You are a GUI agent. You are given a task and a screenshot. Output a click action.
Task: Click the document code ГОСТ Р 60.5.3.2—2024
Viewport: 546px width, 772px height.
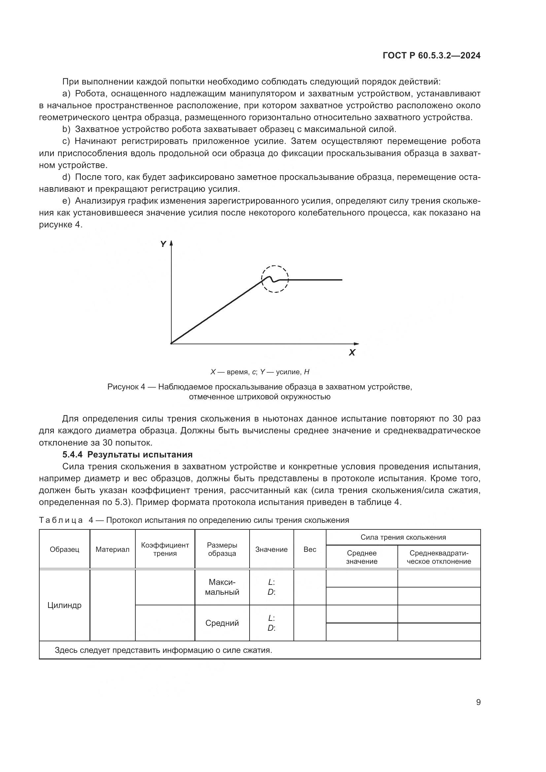[x=431, y=56]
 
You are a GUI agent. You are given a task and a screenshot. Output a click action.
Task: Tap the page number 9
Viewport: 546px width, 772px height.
[x=478, y=702]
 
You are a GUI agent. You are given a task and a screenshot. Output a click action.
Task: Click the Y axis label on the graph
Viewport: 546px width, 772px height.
[x=163, y=245]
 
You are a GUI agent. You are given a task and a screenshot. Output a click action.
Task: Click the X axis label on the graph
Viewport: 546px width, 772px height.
[x=352, y=353]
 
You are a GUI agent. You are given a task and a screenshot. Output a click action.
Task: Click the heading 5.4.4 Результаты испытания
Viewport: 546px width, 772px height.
[x=127, y=454]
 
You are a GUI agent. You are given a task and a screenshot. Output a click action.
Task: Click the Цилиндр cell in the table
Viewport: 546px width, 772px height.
[x=64, y=605]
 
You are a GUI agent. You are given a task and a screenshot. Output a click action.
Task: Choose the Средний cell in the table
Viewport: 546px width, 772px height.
[x=222, y=623]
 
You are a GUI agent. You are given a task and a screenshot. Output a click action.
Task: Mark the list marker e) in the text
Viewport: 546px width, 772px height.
[x=66, y=201]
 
